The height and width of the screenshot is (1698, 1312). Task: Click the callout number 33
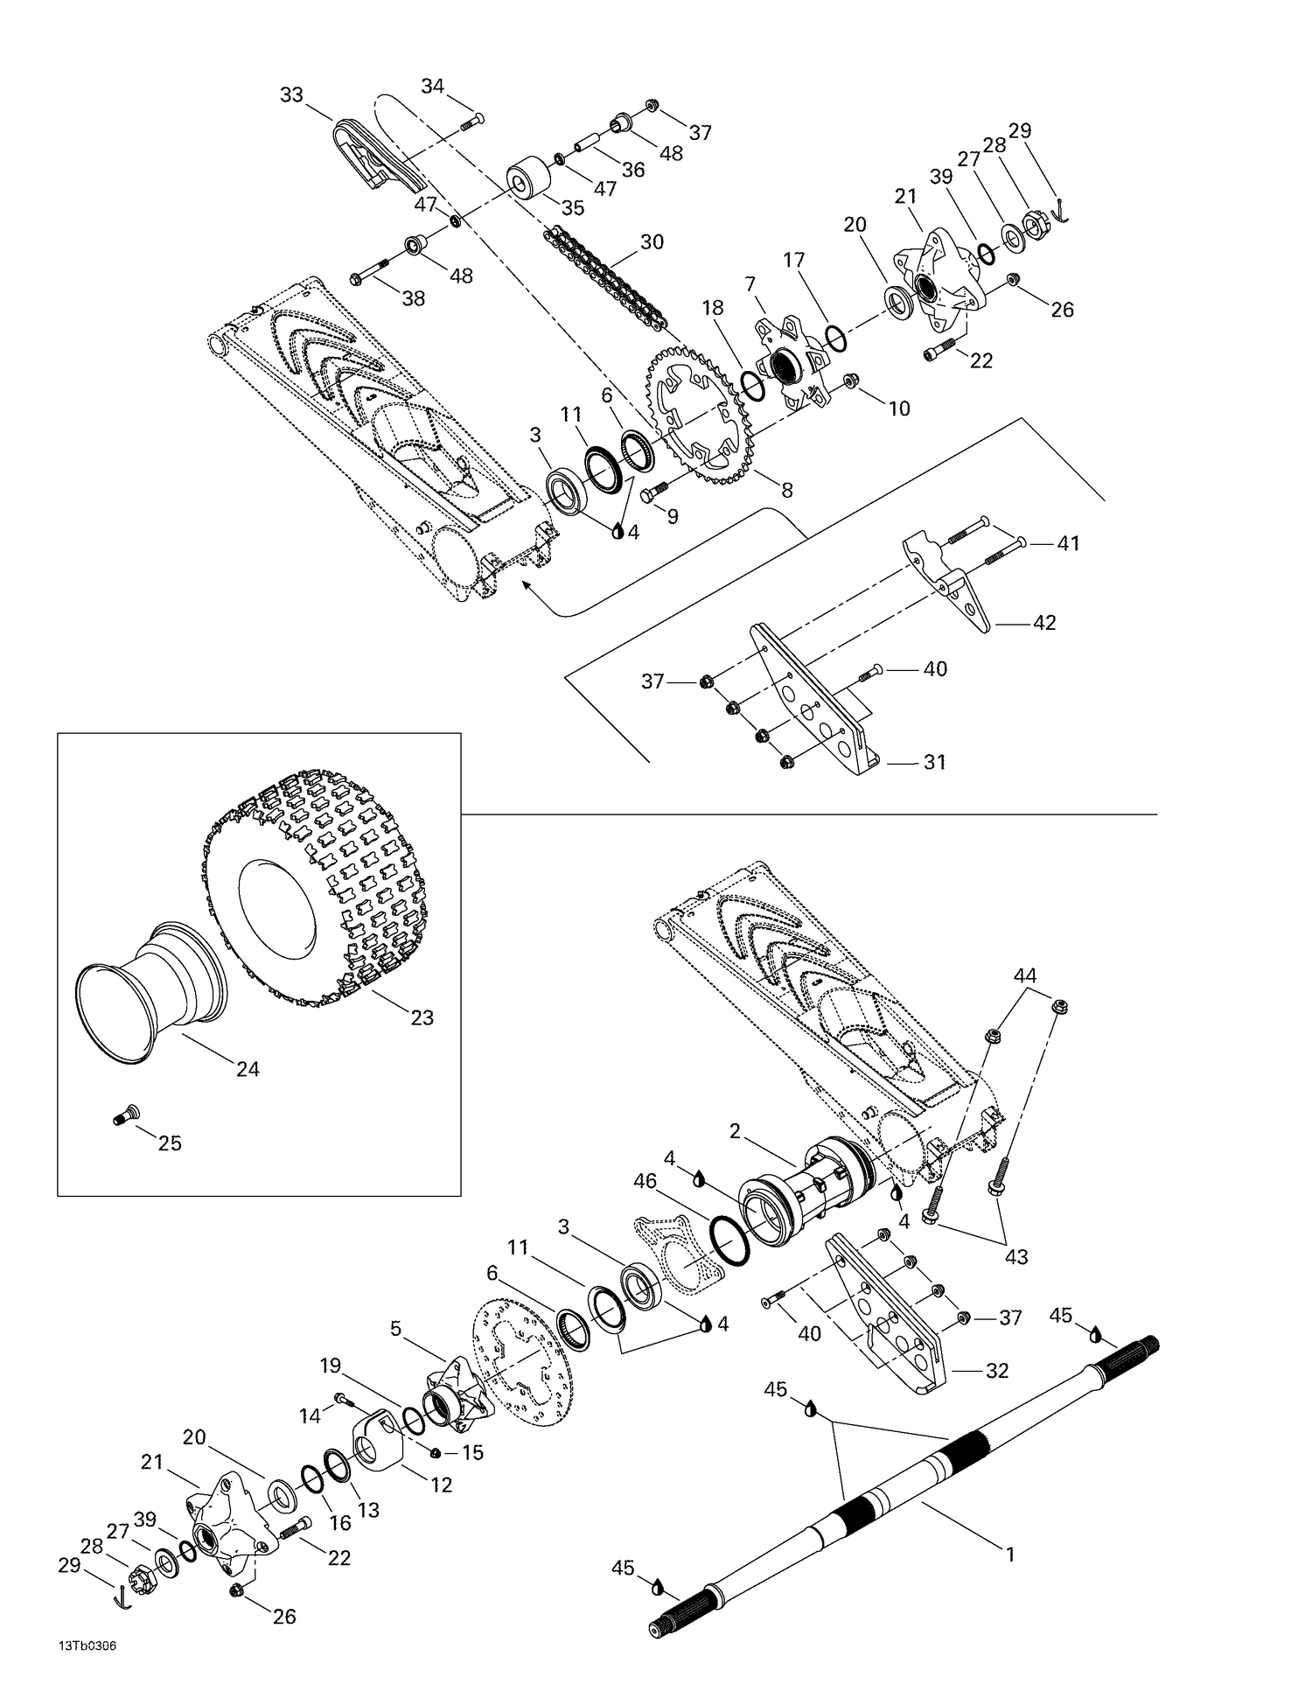(x=291, y=94)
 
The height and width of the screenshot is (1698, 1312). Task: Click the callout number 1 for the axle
(x=1010, y=1555)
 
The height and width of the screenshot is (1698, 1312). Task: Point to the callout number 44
(x=1025, y=975)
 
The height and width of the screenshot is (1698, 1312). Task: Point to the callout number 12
(x=442, y=1484)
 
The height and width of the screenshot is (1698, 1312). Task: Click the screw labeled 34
(x=471, y=122)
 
